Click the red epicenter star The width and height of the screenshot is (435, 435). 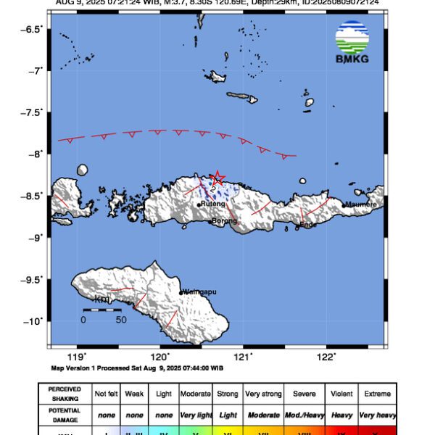pyautogui.click(x=217, y=178)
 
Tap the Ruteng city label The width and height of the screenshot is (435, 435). pyautogui.click(x=213, y=204)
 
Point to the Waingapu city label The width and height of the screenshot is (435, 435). pyautogui.click(x=199, y=292)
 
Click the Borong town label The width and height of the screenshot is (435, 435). pyautogui.click(x=224, y=221)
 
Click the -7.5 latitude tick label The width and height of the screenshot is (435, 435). pyautogui.click(x=31, y=112)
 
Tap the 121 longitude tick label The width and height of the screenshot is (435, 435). pyautogui.click(x=243, y=357)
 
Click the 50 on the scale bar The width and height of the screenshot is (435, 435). pyautogui.click(x=121, y=320)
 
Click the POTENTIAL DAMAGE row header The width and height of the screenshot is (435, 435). pyautogui.click(x=65, y=414)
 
